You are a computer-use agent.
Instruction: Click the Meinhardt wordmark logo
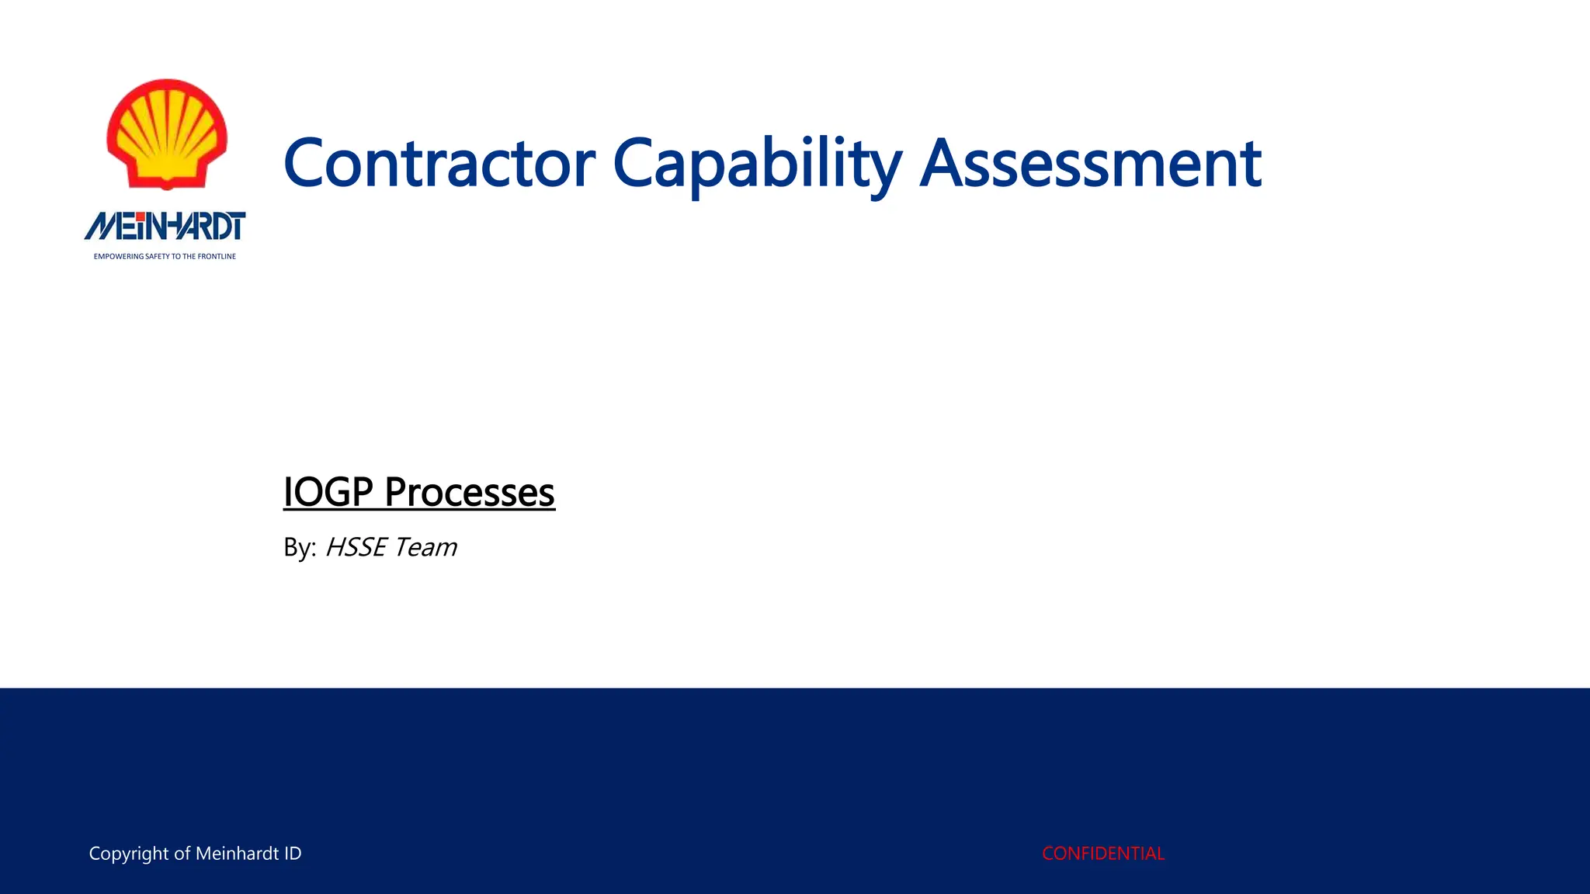(x=165, y=227)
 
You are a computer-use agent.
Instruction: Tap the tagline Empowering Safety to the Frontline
(x=165, y=256)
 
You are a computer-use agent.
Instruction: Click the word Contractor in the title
(x=439, y=165)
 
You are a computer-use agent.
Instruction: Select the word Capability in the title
(x=757, y=165)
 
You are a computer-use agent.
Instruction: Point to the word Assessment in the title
(x=1090, y=165)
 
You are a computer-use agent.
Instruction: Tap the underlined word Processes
(x=470, y=492)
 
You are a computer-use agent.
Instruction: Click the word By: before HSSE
(x=300, y=548)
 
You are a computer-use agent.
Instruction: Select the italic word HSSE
(x=356, y=548)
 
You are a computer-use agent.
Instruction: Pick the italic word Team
(x=425, y=548)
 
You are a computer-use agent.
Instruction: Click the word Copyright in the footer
(x=129, y=854)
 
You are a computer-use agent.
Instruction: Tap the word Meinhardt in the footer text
(x=237, y=854)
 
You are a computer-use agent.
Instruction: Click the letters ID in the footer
(x=293, y=854)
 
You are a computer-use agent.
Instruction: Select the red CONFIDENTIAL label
(x=1102, y=854)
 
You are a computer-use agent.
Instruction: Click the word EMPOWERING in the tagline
(x=119, y=256)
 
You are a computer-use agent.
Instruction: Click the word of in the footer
(x=182, y=854)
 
